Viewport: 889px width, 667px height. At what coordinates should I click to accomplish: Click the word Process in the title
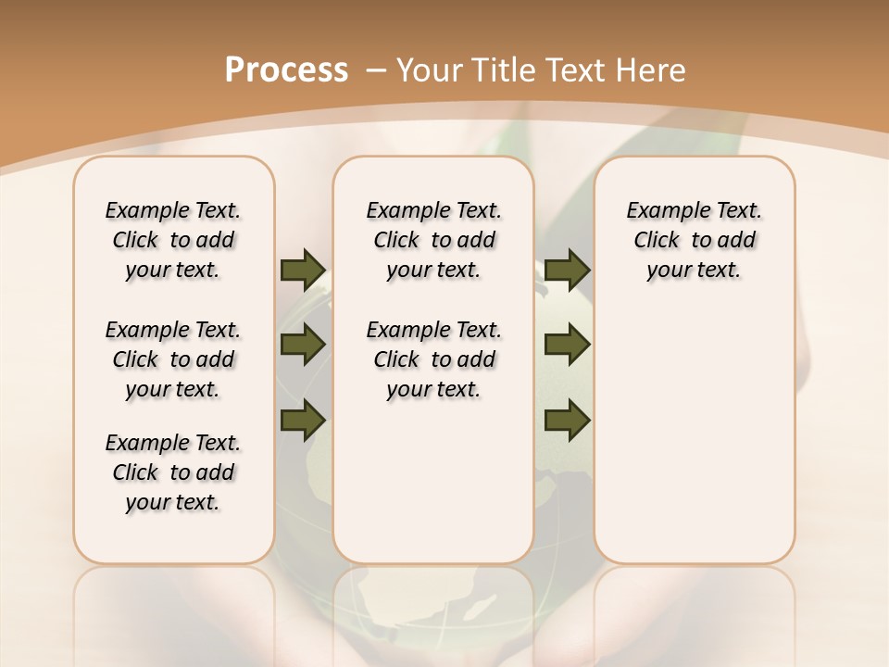[286, 69]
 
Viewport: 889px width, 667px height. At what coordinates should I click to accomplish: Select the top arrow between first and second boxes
[302, 270]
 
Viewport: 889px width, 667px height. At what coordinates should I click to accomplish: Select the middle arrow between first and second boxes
[302, 346]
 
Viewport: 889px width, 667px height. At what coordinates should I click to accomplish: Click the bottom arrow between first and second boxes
[302, 422]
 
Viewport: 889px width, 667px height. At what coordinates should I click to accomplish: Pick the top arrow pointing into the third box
[567, 270]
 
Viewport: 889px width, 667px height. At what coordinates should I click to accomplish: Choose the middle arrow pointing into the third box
[567, 346]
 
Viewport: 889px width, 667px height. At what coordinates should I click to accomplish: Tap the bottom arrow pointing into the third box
[567, 422]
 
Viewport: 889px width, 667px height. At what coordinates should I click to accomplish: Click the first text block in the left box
[173, 240]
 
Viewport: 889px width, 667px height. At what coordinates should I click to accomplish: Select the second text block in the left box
[173, 359]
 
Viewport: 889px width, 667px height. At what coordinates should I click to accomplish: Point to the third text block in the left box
[173, 472]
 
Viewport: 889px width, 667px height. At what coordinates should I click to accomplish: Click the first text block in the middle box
[433, 240]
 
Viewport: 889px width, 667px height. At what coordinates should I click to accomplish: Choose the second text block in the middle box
[433, 359]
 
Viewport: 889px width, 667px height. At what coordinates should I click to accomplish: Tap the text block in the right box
[694, 240]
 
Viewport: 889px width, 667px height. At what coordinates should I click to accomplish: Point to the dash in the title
[376, 69]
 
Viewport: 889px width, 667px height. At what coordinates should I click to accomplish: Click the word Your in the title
[430, 69]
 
